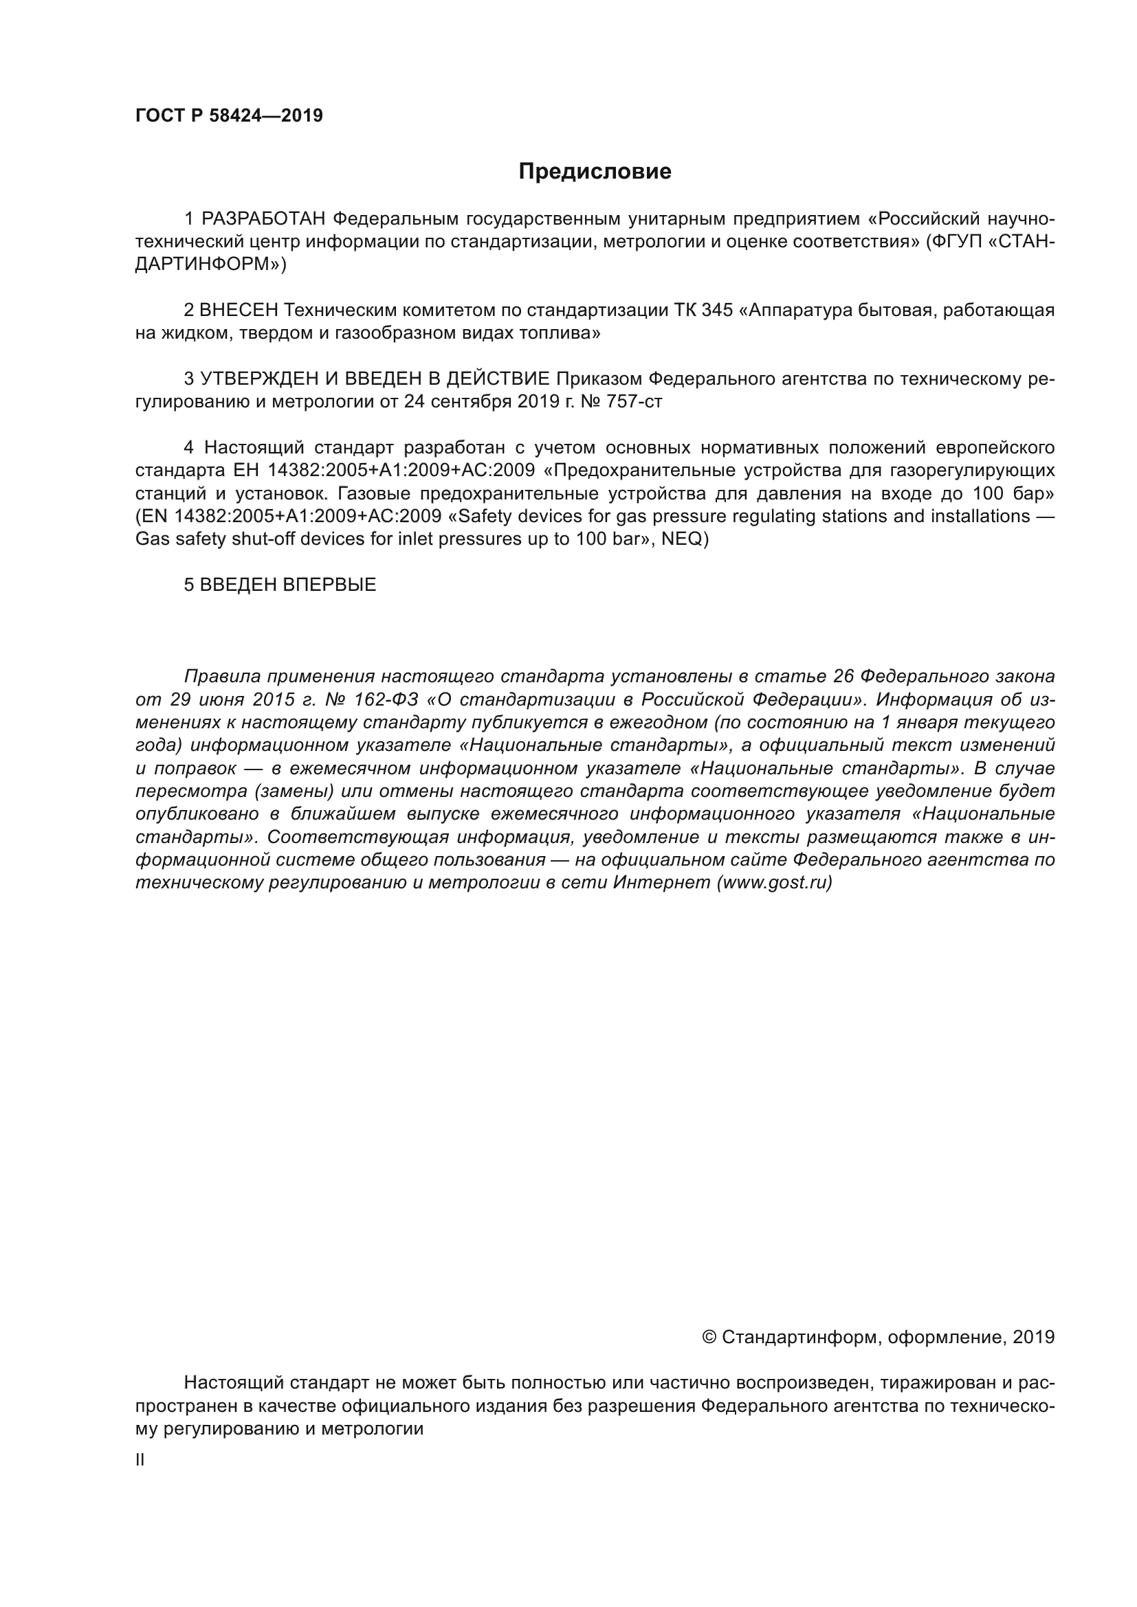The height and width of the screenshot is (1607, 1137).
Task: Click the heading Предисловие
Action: click(x=595, y=172)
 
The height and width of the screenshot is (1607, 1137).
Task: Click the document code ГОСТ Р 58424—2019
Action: click(x=229, y=116)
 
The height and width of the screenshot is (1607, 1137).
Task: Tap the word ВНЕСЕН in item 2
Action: click(x=239, y=310)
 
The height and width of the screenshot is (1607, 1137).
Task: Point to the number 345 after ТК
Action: click(x=716, y=310)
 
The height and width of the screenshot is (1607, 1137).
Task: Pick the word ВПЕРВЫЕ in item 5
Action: click(x=329, y=585)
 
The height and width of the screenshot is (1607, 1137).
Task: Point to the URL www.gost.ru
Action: click(x=773, y=883)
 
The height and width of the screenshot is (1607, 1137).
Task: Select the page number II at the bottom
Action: click(x=140, y=1460)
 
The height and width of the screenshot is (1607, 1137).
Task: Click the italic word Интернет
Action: click(x=661, y=883)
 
